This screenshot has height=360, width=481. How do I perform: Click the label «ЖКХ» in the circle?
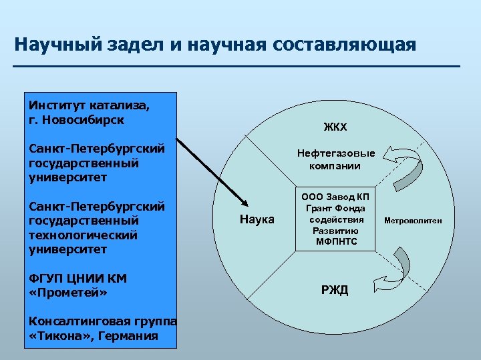[336, 127]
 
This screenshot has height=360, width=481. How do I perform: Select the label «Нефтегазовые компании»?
[336, 159]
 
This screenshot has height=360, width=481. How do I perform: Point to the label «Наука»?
[257, 219]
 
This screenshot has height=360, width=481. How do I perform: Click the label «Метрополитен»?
[412, 220]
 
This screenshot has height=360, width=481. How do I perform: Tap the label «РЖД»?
[336, 290]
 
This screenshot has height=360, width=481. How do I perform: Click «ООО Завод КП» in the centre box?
[335, 197]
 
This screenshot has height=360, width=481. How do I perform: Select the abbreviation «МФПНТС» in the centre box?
[335, 241]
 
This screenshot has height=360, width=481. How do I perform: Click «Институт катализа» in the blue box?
[90, 105]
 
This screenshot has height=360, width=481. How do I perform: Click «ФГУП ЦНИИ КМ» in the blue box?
[77, 278]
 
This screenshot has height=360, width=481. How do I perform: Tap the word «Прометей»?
[68, 293]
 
